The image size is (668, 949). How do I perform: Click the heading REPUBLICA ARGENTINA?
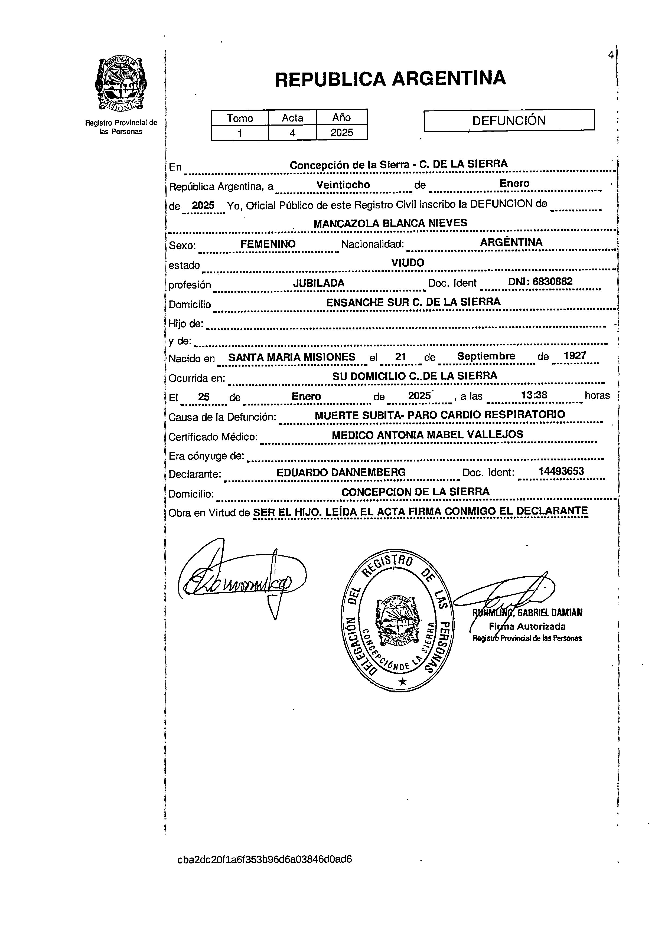click(x=390, y=78)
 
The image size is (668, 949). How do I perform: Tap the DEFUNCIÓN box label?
click(x=509, y=120)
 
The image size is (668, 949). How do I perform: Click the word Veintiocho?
click(x=343, y=185)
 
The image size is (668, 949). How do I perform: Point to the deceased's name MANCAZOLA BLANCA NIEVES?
click(x=390, y=223)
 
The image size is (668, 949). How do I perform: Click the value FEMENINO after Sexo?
click(x=268, y=244)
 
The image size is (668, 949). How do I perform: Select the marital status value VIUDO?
click(x=408, y=263)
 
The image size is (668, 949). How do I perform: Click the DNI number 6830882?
click(x=552, y=282)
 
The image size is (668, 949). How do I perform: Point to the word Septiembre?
click(x=486, y=356)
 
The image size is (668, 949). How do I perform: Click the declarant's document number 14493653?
click(x=561, y=471)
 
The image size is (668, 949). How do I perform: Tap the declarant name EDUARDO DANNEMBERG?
click(x=341, y=472)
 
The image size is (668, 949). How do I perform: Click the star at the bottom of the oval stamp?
click(x=403, y=682)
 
